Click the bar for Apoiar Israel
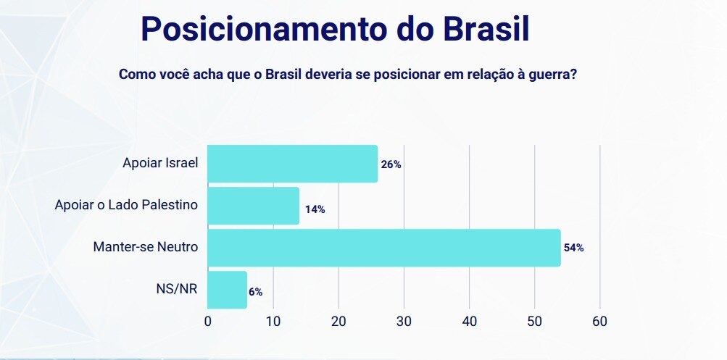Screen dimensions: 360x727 click(293, 164)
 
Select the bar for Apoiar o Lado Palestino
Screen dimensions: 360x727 click(254, 206)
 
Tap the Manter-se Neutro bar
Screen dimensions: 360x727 click(384, 248)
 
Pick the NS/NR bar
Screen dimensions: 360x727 click(228, 290)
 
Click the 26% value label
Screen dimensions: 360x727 click(391, 164)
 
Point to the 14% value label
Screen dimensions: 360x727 click(315, 209)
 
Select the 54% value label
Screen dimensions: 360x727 click(573, 248)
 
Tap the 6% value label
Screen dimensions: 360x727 click(255, 292)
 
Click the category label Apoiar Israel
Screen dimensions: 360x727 click(161, 164)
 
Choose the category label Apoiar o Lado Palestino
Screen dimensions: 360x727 click(127, 206)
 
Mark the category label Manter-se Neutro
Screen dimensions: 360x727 click(146, 248)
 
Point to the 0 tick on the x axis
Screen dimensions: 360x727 click(208, 321)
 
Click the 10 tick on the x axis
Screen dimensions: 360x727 click(273, 321)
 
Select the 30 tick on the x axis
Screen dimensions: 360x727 click(404, 321)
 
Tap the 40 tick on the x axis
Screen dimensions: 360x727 click(469, 321)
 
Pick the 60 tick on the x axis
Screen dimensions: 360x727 click(599, 321)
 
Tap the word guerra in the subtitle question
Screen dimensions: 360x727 click(552, 75)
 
